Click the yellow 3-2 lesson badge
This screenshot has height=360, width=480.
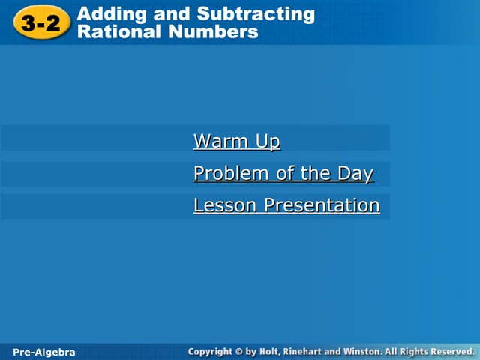[40, 23]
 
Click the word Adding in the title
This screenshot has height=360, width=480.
[108, 13]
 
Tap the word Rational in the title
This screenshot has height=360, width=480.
[114, 32]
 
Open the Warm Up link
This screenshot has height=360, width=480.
[236, 141]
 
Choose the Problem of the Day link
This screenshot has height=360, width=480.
[283, 173]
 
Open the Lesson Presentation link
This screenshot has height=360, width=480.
[286, 205]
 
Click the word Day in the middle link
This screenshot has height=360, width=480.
[355, 173]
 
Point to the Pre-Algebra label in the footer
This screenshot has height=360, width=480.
[44, 352]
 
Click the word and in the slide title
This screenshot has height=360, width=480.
[173, 13]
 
